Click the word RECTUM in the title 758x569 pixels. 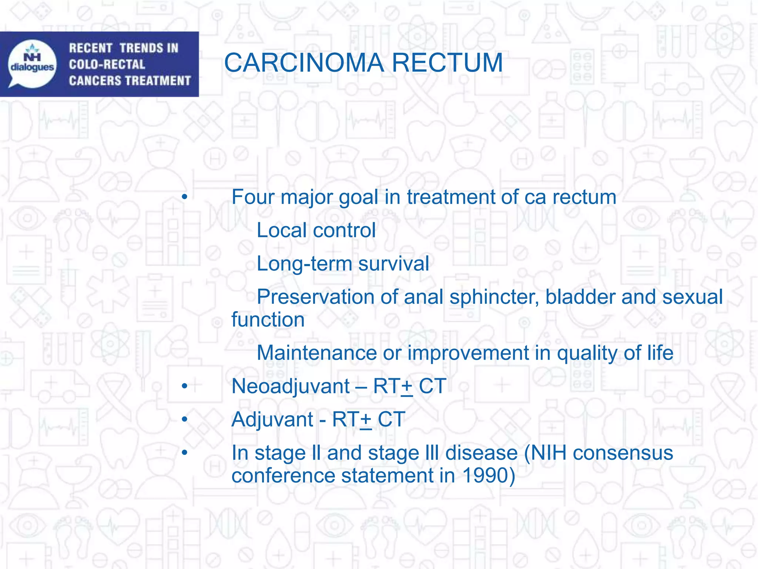pos(447,63)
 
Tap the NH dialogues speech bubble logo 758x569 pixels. pos(33,64)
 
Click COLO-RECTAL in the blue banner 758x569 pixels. pos(107,64)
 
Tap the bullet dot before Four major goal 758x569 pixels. pos(185,197)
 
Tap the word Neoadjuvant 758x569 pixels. pos(291,386)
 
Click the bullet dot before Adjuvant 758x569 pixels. pos(185,420)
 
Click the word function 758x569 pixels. pos(268,320)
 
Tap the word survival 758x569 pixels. pos(394,264)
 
